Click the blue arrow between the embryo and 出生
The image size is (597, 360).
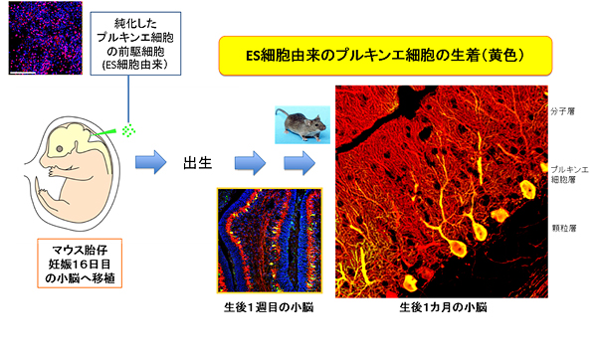(x=150, y=158)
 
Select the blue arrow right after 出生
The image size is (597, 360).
(x=249, y=160)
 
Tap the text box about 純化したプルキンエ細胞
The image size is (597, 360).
(x=130, y=41)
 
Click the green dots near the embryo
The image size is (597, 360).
(x=129, y=129)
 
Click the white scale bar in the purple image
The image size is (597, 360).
(x=22, y=71)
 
